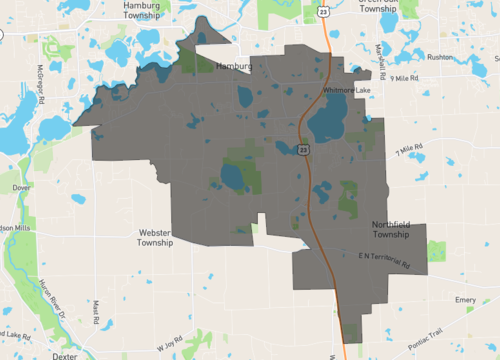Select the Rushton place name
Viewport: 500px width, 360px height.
(441, 58)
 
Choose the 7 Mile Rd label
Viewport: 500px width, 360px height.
(410, 151)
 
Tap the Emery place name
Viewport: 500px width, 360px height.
(465, 299)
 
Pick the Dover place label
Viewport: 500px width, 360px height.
(22, 187)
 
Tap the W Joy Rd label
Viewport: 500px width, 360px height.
(171, 346)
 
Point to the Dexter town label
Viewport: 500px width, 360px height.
(65, 355)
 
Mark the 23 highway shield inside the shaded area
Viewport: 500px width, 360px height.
(302, 149)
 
